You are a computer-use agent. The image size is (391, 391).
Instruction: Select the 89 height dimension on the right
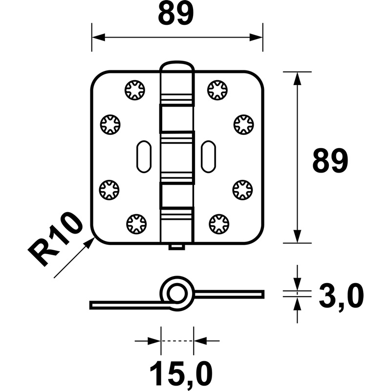point(330,161)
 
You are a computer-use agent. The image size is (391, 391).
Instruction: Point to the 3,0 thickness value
point(341,296)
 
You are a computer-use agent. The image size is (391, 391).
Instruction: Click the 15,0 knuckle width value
point(181,374)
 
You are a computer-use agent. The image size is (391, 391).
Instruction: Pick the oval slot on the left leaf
point(144,156)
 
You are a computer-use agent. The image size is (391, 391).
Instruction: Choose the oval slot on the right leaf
point(209,156)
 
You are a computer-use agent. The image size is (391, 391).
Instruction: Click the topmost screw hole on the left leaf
point(135,90)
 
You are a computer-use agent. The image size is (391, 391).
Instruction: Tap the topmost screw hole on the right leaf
point(217,90)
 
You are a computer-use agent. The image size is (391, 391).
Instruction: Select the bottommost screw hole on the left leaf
point(136,224)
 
